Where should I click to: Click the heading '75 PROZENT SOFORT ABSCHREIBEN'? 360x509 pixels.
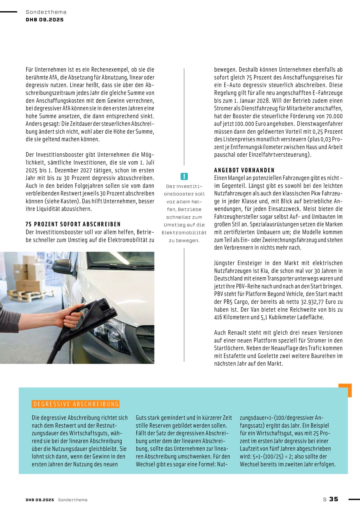point(73,224)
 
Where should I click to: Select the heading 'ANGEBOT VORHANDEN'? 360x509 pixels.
point(244,170)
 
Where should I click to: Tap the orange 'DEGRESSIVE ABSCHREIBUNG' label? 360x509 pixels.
point(76,404)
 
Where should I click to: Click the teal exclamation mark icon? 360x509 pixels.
point(184,176)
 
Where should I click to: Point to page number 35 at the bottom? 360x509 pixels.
point(334,499)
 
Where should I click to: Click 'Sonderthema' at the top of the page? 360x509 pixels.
point(46,12)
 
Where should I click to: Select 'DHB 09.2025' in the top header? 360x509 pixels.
point(45,20)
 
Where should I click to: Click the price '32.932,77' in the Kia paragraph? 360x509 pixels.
point(316,302)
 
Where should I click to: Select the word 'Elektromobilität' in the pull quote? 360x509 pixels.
point(184,233)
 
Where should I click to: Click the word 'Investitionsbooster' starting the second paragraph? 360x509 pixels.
point(56,155)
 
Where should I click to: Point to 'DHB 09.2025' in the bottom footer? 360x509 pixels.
point(40,500)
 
